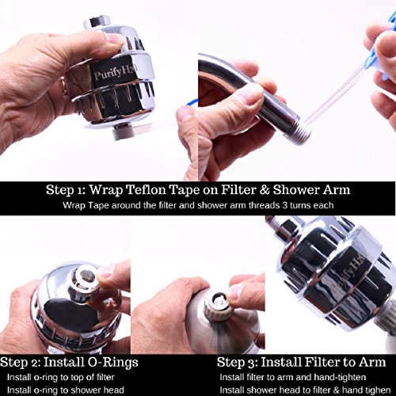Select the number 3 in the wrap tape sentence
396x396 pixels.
284,205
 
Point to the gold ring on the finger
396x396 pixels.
64,86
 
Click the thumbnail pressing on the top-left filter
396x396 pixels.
116,39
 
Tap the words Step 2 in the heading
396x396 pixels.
21,362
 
